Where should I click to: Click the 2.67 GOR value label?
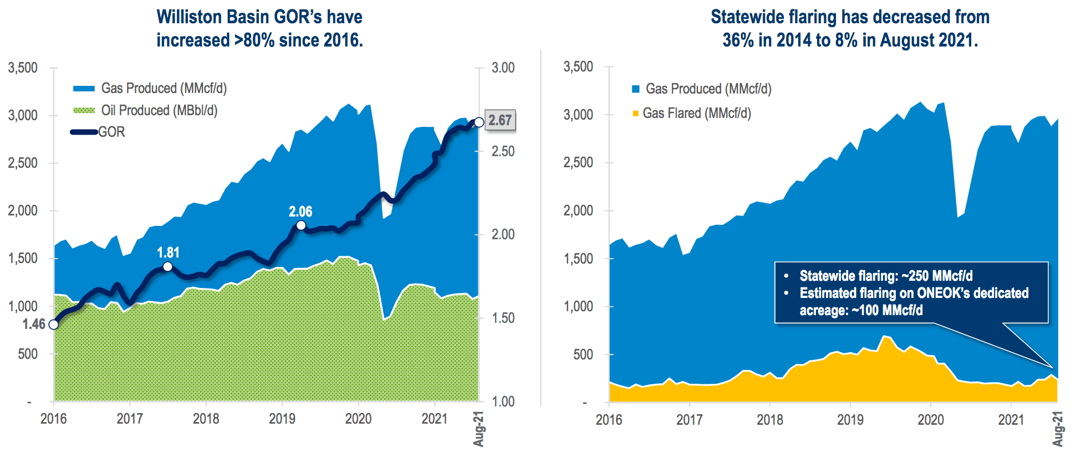[x=500, y=120]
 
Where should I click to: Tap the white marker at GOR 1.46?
[x=54, y=325]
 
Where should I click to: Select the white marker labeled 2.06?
[x=301, y=225]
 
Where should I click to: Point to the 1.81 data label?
[x=168, y=253]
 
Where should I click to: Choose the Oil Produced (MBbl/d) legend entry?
[x=159, y=110]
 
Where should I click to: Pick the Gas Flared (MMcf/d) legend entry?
[x=697, y=114]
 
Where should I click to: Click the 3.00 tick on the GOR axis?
[x=503, y=68]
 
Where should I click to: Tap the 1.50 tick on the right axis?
[x=503, y=318]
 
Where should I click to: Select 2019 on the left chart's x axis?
[x=282, y=419]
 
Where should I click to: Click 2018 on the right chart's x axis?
[x=770, y=420]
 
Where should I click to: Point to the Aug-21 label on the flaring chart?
[x=1058, y=428]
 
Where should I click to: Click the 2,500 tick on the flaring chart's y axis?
[x=578, y=163]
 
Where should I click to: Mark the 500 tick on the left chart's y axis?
[x=28, y=354]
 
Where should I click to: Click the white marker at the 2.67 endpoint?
[x=479, y=122]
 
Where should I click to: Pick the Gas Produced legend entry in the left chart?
[x=164, y=88]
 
